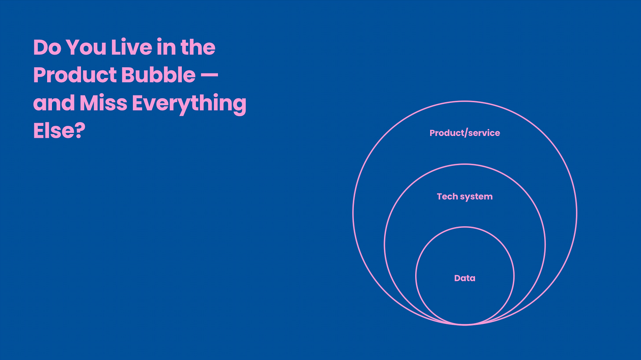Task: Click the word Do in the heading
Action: [46, 48]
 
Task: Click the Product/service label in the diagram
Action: [464, 133]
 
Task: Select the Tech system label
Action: [464, 196]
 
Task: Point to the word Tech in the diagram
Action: [447, 196]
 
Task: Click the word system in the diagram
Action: [476, 197]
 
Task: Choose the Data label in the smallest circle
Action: [464, 278]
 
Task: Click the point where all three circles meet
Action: [464, 325]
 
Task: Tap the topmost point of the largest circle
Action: [464, 101]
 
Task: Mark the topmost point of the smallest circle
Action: [464, 227]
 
